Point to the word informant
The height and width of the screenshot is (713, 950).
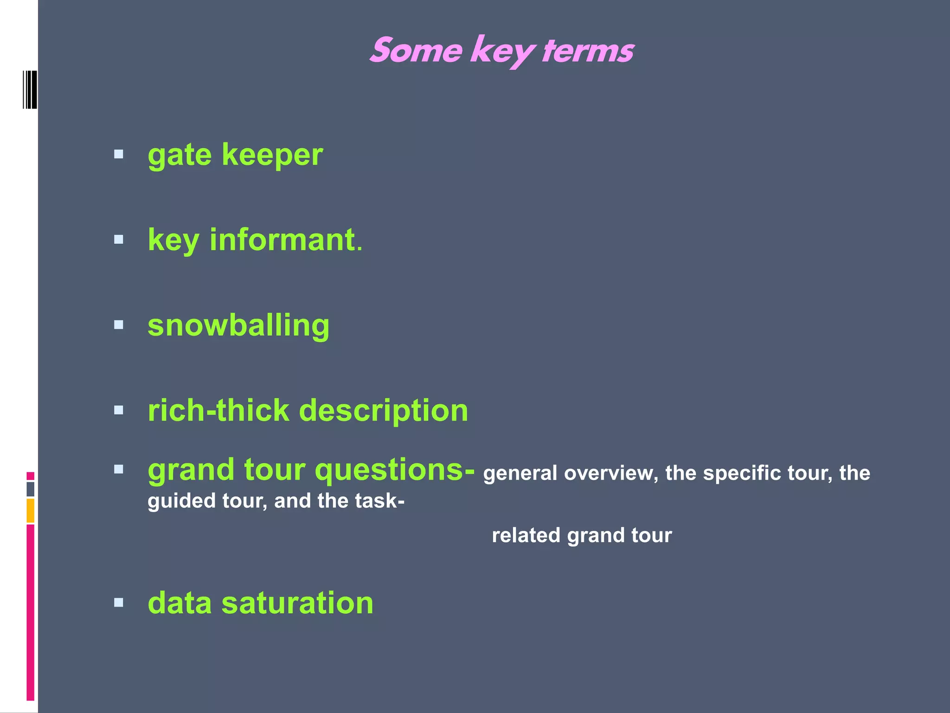282,240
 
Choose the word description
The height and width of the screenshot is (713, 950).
384,411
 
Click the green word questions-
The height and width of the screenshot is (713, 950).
395,470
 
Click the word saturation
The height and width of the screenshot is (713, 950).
297,603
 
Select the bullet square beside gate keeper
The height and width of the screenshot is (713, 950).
119,155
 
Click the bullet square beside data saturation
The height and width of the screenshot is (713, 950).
119,603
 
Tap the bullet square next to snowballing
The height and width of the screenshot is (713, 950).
119,325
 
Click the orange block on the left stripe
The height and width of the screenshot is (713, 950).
30,510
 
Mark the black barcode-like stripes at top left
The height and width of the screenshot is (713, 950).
30,90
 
